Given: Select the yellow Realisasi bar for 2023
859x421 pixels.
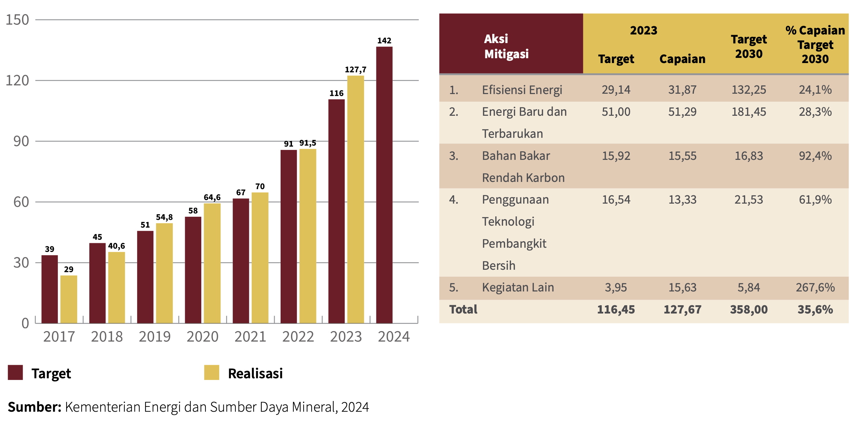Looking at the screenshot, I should (355, 199).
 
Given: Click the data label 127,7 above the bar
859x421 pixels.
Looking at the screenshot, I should (355, 70).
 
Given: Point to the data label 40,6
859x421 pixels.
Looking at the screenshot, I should (117, 246).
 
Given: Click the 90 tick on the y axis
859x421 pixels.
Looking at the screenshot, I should (21, 141).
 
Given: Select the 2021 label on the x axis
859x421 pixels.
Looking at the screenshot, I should (250, 337).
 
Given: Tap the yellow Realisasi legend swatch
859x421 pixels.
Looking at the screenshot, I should (211, 372).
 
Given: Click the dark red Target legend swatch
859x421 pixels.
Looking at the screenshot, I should (15, 372).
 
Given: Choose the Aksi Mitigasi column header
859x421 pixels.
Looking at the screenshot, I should (506, 46).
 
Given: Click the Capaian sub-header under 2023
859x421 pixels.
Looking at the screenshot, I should (682, 59).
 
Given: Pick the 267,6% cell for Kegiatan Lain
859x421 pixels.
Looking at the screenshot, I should (815, 287).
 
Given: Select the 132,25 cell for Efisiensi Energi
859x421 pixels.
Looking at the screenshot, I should (749, 90).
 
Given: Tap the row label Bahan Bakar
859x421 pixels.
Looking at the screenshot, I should (516, 156).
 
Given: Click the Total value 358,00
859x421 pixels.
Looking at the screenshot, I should (749, 309).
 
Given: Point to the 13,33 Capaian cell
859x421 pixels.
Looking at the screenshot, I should (682, 199).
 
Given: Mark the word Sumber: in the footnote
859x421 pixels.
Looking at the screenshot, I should (34, 407).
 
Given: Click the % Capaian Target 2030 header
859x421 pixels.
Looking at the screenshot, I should (815, 44).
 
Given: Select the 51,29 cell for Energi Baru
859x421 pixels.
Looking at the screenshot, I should (682, 112).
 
